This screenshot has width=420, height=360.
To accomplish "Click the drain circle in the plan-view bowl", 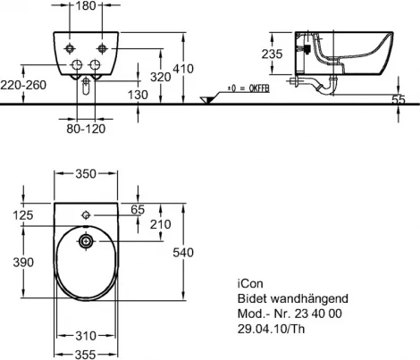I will click(87, 241).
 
